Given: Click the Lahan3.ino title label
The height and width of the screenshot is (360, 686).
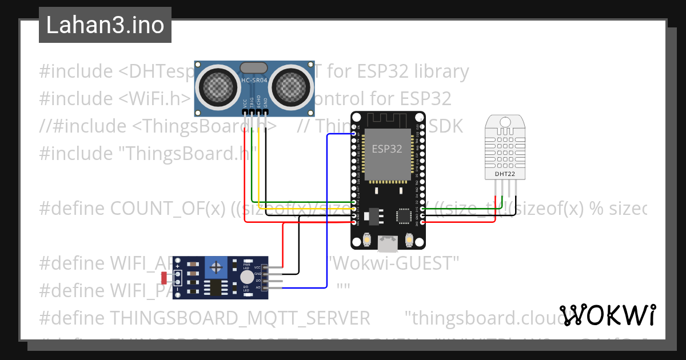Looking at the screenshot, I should (x=105, y=25).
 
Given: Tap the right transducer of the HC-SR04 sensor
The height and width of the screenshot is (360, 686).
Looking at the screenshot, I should (x=291, y=86).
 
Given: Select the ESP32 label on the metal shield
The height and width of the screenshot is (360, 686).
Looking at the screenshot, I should (x=387, y=149).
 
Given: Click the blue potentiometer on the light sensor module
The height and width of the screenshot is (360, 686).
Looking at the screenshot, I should (x=216, y=267).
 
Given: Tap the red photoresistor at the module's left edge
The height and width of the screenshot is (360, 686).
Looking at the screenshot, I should (x=164, y=278).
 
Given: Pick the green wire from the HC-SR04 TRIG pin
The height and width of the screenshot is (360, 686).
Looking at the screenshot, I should (x=252, y=166).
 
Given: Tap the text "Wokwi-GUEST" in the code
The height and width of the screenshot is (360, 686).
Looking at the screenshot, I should (x=394, y=263).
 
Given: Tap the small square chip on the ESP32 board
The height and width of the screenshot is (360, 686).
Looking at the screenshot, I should (x=404, y=215).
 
